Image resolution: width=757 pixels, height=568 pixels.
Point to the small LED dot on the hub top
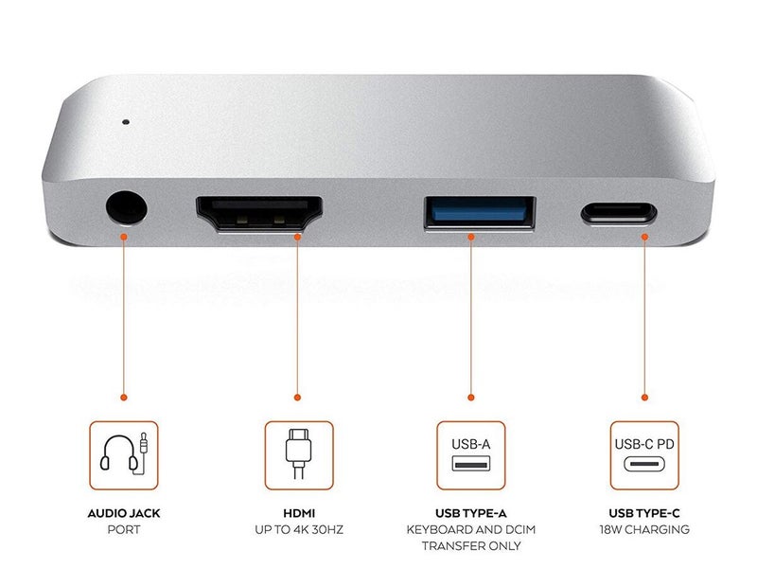pyautogui.click(x=124, y=122)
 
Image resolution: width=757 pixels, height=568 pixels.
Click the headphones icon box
pyautogui.click(x=124, y=454)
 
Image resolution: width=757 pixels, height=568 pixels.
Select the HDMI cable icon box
pyautogui.click(x=298, y=454)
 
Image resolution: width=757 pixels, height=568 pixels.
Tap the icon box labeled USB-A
pyautogui.click(x=470, y=454)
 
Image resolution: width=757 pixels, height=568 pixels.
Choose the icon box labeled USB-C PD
pyautogui.click(x=644, y=454)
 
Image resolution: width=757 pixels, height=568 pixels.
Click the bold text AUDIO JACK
pyautogui.click(x=124, y=512)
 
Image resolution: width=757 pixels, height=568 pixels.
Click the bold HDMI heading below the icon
pyautogui.click(x=298, y=512)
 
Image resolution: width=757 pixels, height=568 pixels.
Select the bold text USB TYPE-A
pyautogui.click(x=470, y=512)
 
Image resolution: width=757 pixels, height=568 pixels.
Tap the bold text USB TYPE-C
pyautogui.click(x=644, y=512)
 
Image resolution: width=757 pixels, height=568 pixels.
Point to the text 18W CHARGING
pyautogui.click(x=644, y=530)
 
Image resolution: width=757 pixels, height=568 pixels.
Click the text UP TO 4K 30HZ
pyautogui.click(x=298, y=530)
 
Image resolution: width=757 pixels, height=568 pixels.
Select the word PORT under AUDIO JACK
pyautogui.click(x=124, y=530)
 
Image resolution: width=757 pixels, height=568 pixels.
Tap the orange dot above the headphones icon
pyautogui.click(x=124, y=398)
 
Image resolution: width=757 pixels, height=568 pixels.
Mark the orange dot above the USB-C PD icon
pyautogui.click(x=644, y=398)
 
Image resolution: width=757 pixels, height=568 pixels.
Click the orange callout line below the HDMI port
pyautogui.click(x=298, y=312)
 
